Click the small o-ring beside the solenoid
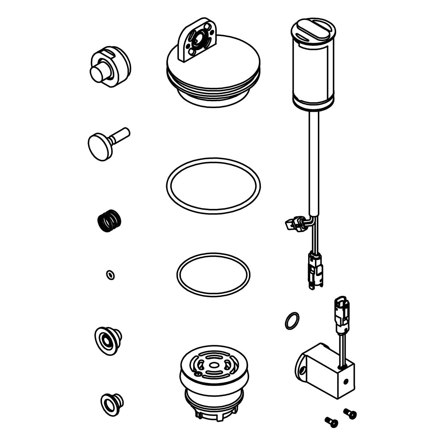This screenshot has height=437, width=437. coord(292,320)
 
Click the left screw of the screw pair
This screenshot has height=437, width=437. coord(331,421)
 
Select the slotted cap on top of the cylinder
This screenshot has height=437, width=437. coord(312,28)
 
